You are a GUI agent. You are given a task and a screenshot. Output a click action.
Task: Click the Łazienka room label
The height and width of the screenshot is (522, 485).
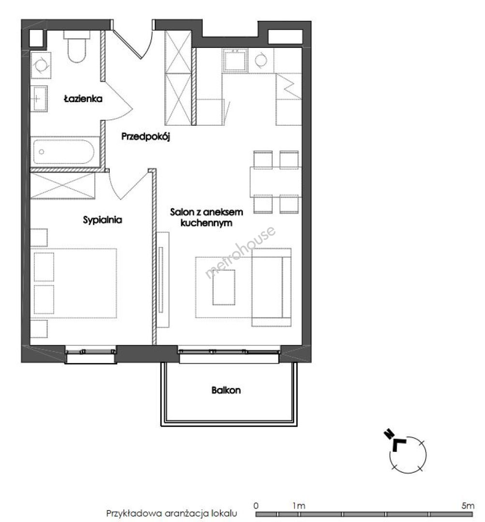point(83,99)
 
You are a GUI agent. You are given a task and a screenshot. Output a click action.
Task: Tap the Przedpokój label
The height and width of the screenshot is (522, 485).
point(146,136)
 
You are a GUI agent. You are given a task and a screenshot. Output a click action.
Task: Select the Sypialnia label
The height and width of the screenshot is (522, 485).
point(102,220)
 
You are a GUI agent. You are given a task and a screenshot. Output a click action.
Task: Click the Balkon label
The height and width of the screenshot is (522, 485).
point(226,390)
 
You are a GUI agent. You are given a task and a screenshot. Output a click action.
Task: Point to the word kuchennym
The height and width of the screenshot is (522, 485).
point(206,223)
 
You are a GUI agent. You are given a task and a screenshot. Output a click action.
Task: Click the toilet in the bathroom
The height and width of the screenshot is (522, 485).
point(76,46)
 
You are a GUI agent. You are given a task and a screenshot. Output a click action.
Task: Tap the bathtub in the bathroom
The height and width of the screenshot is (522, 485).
point(64,152)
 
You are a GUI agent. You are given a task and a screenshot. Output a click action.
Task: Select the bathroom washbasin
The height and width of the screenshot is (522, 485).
point(39,99)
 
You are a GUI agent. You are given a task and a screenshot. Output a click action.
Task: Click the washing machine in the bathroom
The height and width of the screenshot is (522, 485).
point(41,65)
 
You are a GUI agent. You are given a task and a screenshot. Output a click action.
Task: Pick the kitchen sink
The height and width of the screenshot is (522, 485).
point(235,60)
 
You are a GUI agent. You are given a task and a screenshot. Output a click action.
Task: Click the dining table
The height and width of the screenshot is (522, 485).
point(276,182)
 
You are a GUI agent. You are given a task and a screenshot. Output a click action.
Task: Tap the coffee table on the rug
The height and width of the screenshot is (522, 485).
point(224,287)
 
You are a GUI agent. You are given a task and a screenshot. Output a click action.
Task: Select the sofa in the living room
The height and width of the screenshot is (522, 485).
point(271,287)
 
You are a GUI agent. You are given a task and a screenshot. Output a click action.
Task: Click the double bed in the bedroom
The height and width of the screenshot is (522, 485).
point(73,283)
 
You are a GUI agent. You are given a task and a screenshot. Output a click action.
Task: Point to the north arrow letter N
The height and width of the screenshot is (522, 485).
point(388,434)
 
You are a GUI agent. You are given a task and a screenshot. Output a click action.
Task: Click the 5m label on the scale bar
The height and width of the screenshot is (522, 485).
point(468,506)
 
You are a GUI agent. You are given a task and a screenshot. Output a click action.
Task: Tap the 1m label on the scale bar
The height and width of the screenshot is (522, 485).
point(299,506)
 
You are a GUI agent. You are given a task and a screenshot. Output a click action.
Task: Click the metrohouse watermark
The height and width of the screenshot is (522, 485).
point(240,252)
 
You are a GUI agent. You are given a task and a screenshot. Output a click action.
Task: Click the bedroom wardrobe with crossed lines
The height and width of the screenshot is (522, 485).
point(63,186)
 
